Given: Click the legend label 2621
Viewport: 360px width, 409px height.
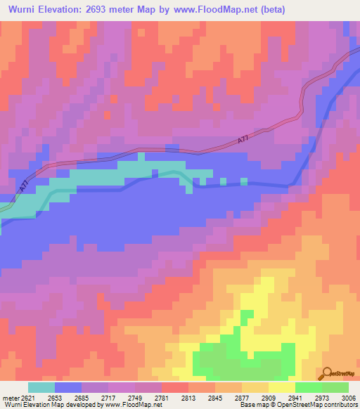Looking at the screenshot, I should coord(27,397).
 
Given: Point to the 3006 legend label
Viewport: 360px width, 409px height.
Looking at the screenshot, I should coord(349,397).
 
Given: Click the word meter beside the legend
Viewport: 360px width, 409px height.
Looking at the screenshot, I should coord(9,397).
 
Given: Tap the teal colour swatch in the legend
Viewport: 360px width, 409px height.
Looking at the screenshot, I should coord(41,387).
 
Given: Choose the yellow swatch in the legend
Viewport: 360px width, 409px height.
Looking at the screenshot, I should coord(282,387).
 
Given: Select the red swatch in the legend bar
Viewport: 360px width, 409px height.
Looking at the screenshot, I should coord(175,387).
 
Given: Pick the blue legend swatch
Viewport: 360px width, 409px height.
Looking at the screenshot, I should coord(68,387).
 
